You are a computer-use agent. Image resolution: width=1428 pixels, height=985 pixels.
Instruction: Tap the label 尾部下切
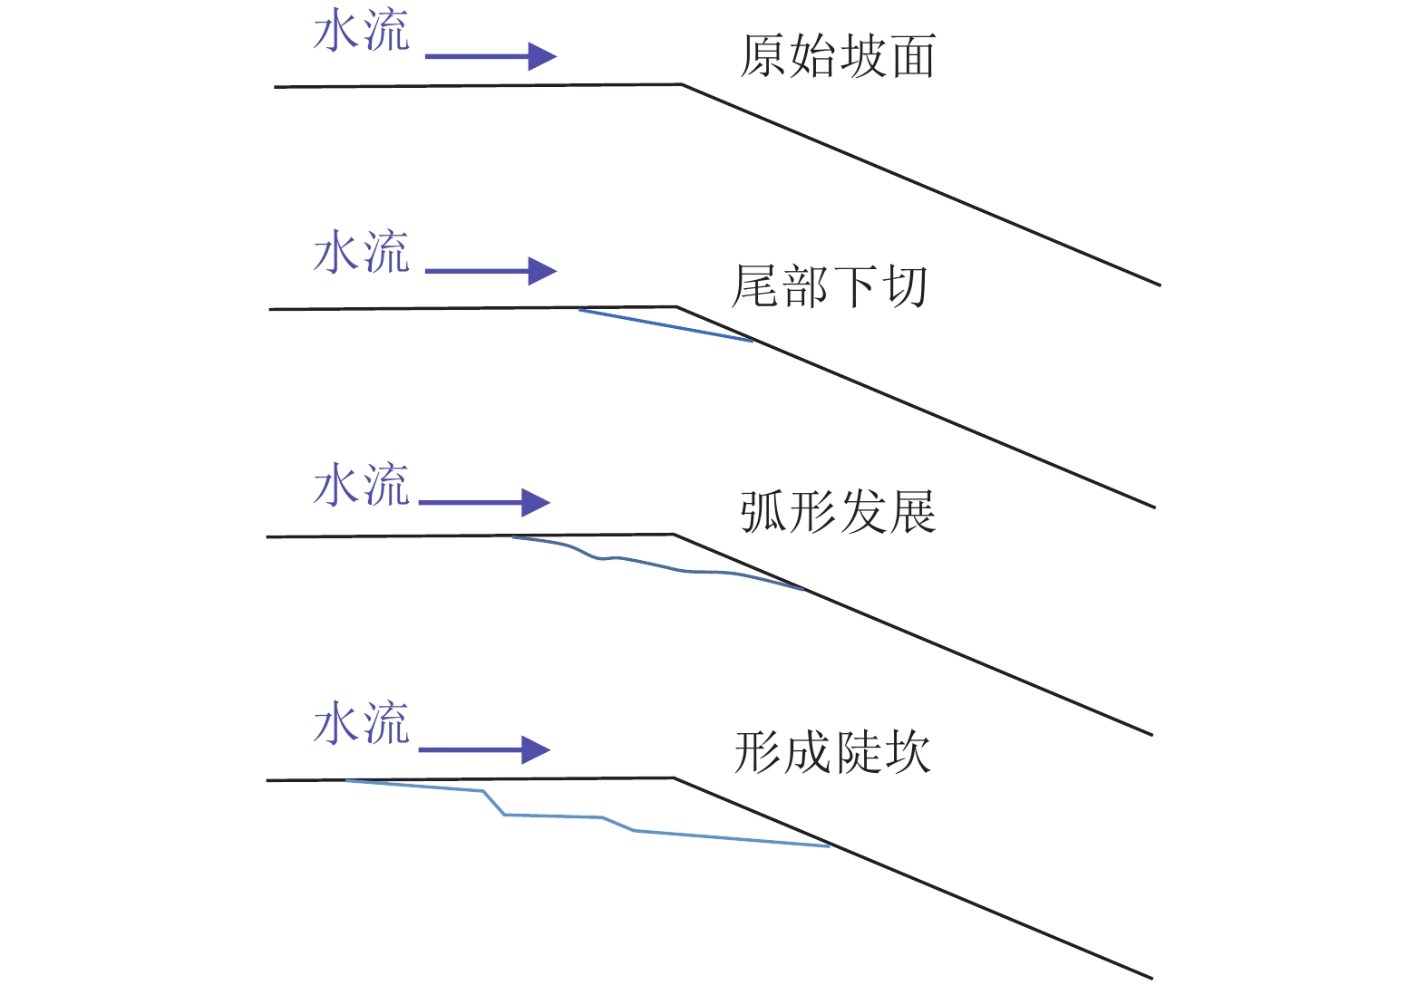pos(830,286)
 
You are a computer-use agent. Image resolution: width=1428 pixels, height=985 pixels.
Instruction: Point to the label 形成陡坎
pos(832,752)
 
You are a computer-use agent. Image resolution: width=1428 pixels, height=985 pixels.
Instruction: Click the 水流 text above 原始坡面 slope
pos(362,33)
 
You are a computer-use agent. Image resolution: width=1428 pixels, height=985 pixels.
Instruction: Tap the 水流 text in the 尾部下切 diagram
pos(362,252)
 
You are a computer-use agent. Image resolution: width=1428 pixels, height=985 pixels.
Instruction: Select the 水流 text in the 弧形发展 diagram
pos(362,485)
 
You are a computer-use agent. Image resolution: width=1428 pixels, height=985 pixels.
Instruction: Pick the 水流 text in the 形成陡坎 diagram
pos(362,723)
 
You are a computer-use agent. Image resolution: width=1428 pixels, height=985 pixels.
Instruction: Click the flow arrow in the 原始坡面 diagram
pos(491,56)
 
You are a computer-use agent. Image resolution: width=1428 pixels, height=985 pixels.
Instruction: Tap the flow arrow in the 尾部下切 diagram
pos(491,271)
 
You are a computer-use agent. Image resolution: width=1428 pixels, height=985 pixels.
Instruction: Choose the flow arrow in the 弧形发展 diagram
pos(484,503)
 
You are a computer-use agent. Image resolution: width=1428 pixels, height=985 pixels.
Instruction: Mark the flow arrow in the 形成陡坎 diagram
pos(484,750)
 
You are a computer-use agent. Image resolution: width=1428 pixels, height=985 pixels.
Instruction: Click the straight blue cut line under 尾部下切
pos(665,325)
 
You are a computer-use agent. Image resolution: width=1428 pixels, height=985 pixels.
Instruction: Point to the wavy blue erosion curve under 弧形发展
pos(653,564)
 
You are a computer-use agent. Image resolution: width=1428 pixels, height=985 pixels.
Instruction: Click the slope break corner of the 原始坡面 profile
pos(682,85)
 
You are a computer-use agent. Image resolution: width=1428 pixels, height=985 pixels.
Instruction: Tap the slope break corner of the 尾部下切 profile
pos(676,307)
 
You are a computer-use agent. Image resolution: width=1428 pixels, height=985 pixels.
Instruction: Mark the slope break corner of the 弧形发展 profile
pos(674,535)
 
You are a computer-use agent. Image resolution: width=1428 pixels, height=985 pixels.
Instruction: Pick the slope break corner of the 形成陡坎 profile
pos(674,777)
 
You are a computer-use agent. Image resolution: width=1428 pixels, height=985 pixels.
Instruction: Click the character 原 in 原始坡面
pos(763,56)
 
